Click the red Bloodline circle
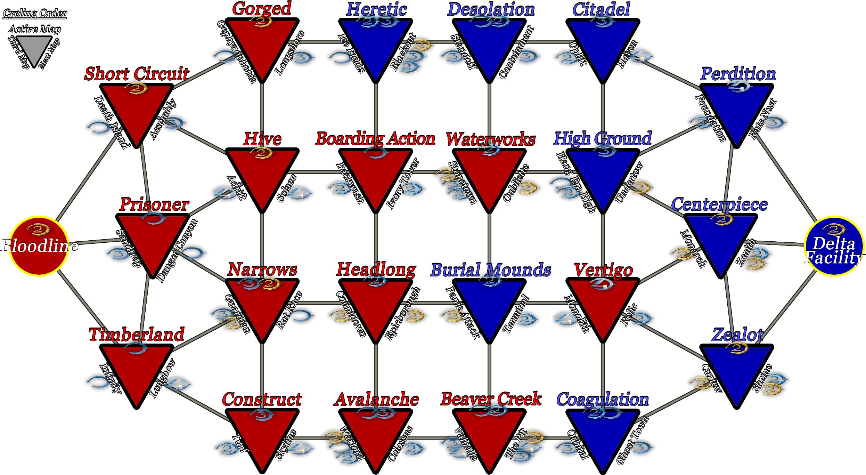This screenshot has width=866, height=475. pyautogui.click(x=39, y=246)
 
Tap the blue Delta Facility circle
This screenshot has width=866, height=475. pyautogui.click(x=834, y=246)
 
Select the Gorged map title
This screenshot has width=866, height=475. pyautogui.click(x=262, y=9)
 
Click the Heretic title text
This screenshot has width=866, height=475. pyautogui.click(x=376, y=9)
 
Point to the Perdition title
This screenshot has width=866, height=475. pyautogui.click(x=738, y=74)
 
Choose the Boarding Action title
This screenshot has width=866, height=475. pyautogui.click(x=375, y=139)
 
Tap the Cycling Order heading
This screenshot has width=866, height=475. pyautogui.click(x=35, y=13)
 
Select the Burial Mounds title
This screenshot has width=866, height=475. pyautogui.click(x=491, y=270)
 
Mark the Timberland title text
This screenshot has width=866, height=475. pyautogui.click(x=137, y=335)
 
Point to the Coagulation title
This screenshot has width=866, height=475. pyautogui.click(x=603, y=399)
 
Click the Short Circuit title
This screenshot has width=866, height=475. pyautogui.click(x=137, y=74)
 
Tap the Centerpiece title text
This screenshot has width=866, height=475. pyautogui.click(x=719, y=204)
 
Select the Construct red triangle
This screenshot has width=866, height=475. pyautogui.click(x=262, y=435)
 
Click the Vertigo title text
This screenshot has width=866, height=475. pyautogui.click(x=603, y=270)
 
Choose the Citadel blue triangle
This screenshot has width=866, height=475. pyautogui.click(x=603, y=45)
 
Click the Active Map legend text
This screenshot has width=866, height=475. pyautogui.click(x=35, y=29)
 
